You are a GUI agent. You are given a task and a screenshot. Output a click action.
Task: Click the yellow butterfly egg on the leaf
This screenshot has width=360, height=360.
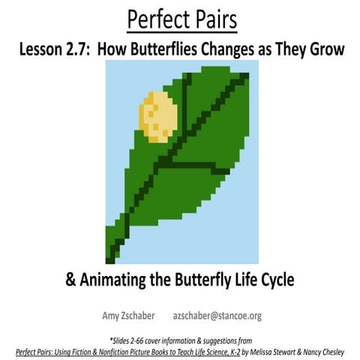tap(159, 115)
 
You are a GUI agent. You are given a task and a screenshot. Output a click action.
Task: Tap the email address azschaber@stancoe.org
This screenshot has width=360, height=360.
tap(217, 316)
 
